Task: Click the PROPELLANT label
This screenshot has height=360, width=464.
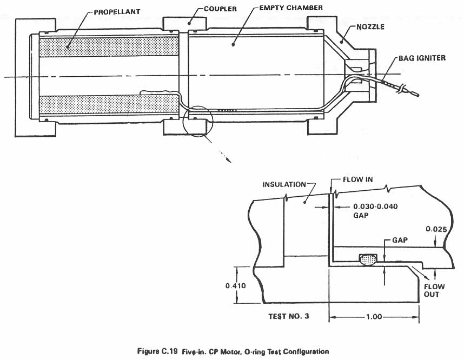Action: point(117,12)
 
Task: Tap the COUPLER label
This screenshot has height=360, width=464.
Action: point(221,9)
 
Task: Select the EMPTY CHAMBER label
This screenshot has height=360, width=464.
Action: point(291,8)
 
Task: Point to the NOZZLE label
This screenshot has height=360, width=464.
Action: point(370,27)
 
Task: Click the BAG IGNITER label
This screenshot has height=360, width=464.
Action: point(422,58)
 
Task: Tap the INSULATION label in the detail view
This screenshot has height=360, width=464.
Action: point(284,184)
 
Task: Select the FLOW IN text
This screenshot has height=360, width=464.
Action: point(358,179)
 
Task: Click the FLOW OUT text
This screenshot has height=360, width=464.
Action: point(434,290)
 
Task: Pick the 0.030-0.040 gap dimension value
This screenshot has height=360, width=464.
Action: point(375,206)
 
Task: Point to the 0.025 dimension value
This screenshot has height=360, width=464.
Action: point(436,229)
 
